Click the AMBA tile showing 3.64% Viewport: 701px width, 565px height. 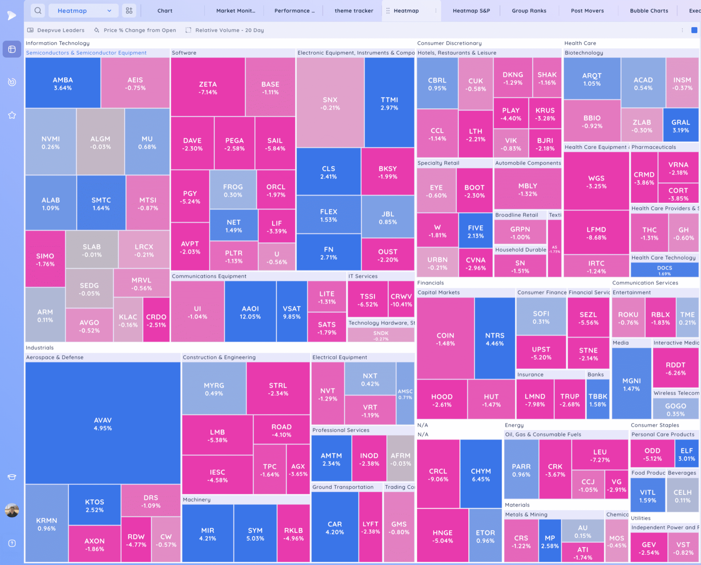pos(63,83)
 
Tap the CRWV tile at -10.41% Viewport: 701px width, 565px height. pos(401,300)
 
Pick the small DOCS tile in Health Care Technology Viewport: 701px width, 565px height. pos(664,270)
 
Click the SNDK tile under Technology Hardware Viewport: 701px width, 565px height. pos(381,335)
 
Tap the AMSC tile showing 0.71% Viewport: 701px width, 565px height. pos(405,393)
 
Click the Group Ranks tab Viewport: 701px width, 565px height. pos(529,11)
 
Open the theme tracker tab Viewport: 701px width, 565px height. pos(354,11)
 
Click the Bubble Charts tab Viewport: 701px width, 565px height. pos(649,11)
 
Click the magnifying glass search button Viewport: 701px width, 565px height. pos(38,11)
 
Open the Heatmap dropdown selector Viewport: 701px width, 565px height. pos(83,11)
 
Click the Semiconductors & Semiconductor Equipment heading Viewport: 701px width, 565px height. pos(86,53)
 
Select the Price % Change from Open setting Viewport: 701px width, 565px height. pos(140,30)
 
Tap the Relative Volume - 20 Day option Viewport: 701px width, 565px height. pos(229,30)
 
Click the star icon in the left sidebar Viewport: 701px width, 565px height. pos(12,115)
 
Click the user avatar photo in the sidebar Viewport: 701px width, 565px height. pos(12,510)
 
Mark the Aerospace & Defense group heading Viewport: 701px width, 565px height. pos(55,357)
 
